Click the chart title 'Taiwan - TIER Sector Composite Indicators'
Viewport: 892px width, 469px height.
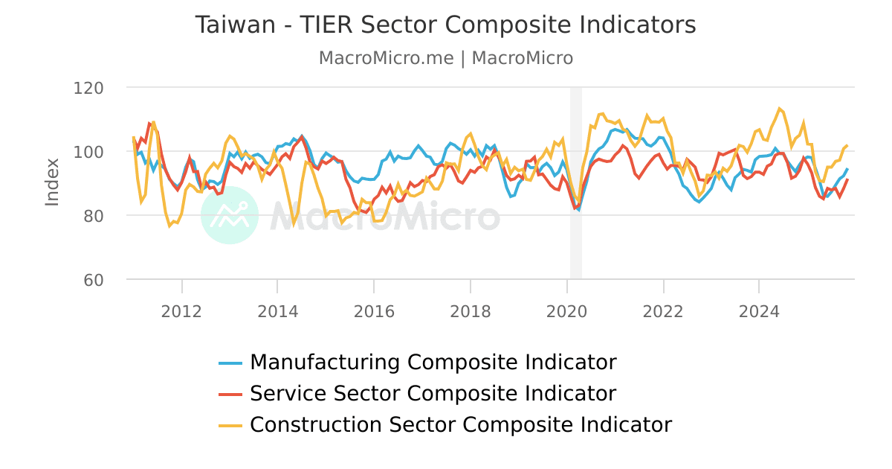[x=445, y=25]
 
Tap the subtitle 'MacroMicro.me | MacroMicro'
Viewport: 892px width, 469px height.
[x=445, y=58]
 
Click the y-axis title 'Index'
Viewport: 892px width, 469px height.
[x=52, y=182]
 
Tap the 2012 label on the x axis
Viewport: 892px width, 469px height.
[x=181, y=310]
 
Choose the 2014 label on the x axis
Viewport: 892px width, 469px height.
[x=277, y=310]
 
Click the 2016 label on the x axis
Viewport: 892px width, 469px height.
[x=374, y=310]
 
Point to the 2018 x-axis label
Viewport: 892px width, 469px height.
[x=471, y=310]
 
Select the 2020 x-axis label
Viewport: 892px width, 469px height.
[x=567, y=310]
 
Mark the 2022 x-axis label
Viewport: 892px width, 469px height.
[x=663, y=310]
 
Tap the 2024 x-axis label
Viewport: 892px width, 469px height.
[x=759, y=310]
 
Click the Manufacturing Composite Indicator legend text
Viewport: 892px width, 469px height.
[x=433, y=363]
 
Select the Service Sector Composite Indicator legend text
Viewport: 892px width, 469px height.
[x=433, y=394]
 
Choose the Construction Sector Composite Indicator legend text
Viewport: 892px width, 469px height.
[x=460, y=425]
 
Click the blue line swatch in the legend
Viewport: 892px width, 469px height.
[x=230, y=363]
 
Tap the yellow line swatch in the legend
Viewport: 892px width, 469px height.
[x=230, y=426]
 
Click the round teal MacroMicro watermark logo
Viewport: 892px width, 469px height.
[x=230, y=215]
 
